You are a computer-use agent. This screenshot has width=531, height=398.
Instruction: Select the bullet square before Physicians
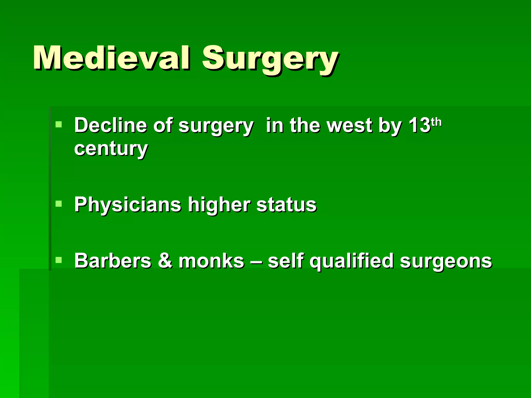[59, 204]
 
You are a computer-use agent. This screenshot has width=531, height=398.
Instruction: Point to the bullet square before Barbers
[59, 260]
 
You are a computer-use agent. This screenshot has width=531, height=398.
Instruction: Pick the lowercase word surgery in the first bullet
[216, 126]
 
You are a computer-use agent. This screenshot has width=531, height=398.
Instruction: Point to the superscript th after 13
[436, 122]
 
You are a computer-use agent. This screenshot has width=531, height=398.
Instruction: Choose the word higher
[219, 205]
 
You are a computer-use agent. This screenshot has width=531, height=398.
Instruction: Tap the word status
[286, 205]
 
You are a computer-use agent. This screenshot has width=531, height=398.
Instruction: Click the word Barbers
[113, 261]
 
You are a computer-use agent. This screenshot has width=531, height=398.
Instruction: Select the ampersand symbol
[165, 261]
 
